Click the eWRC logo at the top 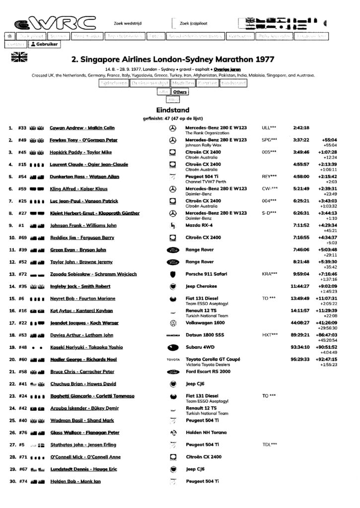(x=54, y=22)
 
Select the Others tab (x=180, y=92)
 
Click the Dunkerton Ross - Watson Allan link (x=86, y=177)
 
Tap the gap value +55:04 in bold (x=329, y=140)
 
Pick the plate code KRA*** (x=269, y=274)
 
